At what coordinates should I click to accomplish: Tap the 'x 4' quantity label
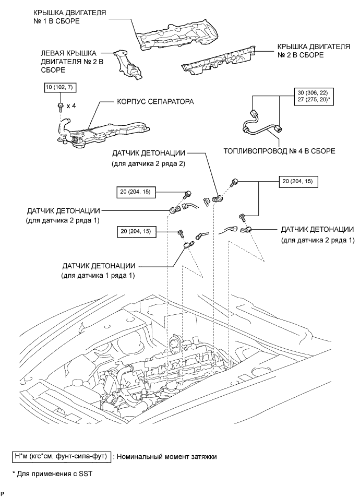[71, 106]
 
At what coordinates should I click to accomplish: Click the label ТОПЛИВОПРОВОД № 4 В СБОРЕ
[279, 151]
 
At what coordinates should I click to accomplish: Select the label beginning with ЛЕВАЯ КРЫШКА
[72, 62]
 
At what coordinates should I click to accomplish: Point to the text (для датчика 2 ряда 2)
[148, 164]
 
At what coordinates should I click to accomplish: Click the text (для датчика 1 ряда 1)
[98, 276]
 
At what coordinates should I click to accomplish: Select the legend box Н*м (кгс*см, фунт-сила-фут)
[61, 457]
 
